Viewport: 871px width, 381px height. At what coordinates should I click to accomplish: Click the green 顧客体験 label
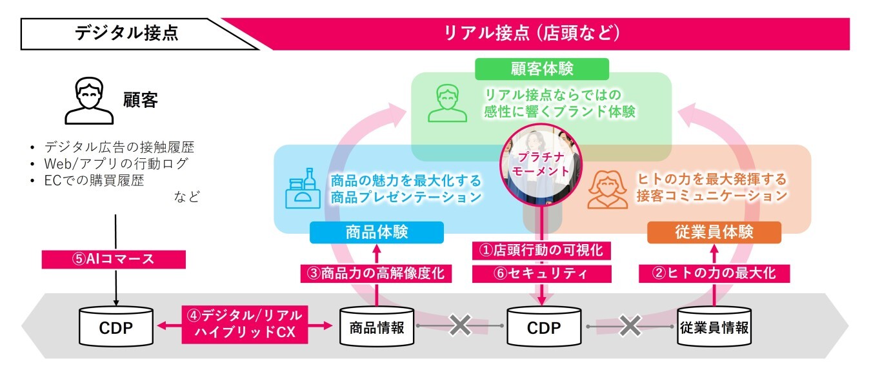541,69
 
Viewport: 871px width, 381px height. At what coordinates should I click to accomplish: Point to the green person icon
447,104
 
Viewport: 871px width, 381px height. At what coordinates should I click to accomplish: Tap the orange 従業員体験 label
714,232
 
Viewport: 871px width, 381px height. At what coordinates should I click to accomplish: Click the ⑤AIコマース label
114,259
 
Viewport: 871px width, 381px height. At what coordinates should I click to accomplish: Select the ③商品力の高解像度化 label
376,273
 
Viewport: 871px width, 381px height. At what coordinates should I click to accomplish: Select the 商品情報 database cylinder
376,325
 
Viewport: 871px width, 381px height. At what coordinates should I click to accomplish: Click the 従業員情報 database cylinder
714,325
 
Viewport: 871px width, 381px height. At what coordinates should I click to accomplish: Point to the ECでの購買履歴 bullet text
94,181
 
